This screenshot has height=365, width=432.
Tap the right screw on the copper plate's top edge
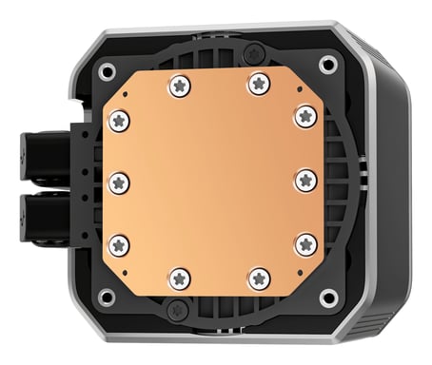[x=258, y=85]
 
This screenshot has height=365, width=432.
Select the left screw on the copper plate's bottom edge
[x=178, y=279]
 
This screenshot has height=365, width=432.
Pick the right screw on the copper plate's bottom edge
[x=258, y=279]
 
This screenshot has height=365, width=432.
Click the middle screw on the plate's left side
[x=118, y=182]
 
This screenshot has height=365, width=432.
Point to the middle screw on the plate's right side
[x=305, y=181]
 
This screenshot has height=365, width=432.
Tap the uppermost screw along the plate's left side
[x=119, y=120]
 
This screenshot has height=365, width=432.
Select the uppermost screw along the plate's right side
[x=304, y=116]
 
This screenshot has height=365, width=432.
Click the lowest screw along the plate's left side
[x=119, y=245]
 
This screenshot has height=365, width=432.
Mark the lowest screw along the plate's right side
[x=304, y=245]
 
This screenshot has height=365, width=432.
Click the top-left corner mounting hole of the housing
[x=107, y=70]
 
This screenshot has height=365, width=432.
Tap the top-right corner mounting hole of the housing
[x=328, y=65]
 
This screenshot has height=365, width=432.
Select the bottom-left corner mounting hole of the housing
[x=107, y=297]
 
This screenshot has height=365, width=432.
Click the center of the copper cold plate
[x=212, y=181]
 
